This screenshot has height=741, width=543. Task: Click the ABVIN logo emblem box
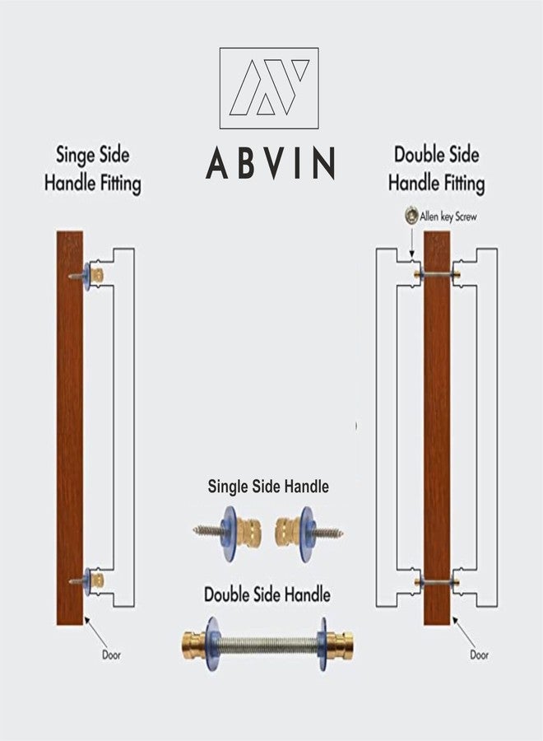click(x=269, y=88)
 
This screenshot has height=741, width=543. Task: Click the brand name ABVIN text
click(x=270, y=163)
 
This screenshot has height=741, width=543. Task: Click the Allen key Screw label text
click(x=448, y=217)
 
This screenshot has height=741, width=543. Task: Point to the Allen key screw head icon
click(x=411, y=216)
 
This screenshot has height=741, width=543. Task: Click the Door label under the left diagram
click(x=111, y=655)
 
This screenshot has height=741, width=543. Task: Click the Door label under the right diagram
click(x=479, y=655)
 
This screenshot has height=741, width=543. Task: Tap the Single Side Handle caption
click(x=268, y=487)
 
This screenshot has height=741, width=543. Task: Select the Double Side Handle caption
click(x=267, y=594)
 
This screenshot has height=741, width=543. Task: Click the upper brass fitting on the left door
click(x=97, y=274)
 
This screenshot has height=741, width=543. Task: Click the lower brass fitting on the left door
click(x=97, y=579)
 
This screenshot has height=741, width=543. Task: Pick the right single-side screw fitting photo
click(x=309, y=533)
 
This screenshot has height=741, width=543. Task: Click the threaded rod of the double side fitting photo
click(x=267, y=643)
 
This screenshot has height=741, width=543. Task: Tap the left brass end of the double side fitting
click(x=193, y=643)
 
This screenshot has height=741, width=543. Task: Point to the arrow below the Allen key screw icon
click(x=411, y=240)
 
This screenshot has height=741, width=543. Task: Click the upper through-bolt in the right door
click(x=437, y=273)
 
